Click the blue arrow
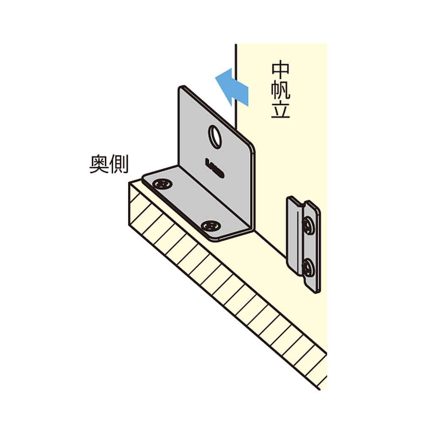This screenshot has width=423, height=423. (232, 87)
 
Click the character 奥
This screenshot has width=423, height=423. (99, 164)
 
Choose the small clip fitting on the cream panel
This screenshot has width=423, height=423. (304, 244)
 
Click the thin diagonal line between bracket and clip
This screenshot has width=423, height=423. (271, 244)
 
